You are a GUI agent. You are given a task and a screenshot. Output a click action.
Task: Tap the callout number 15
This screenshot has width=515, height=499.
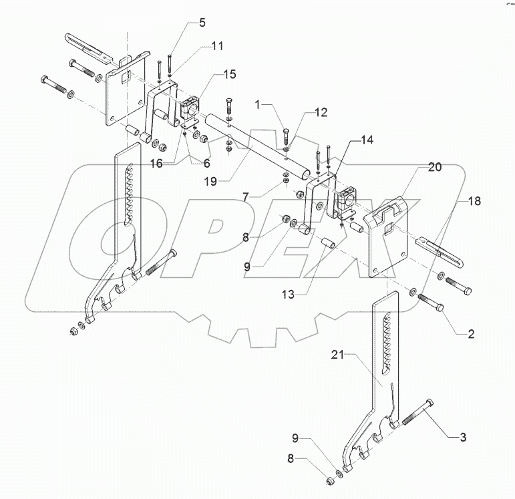(229, 75)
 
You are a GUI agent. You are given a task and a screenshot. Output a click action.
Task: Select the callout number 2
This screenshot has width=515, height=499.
(471, 333)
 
